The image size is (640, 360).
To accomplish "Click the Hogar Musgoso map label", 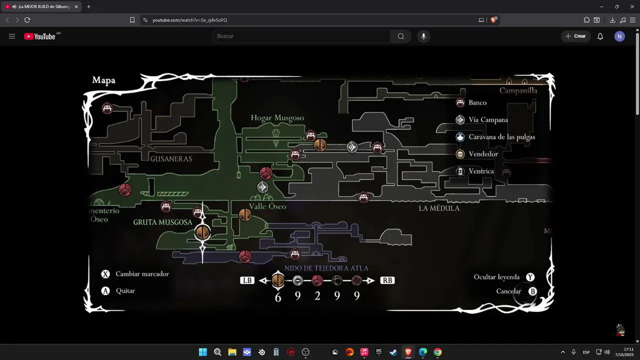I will click(x=277, y=118).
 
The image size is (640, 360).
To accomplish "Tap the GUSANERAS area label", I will click(x=171, y=158).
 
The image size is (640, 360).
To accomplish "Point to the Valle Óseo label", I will click(x=267, y=206).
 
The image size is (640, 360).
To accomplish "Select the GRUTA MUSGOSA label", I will click(x=162, y=222).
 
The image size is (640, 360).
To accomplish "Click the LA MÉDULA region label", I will click(x=439, y=208).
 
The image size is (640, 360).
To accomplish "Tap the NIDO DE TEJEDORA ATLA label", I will click(x=326, y=268).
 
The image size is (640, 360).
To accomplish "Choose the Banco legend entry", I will click(x=477, y=102).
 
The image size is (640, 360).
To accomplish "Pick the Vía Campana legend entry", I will click(x=488, y=120).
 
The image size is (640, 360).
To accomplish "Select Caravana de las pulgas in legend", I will click(x=501, y=137).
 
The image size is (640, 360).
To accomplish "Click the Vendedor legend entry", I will click(x=483, y=154).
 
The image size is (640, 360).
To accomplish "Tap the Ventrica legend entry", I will click(x=481, y=171).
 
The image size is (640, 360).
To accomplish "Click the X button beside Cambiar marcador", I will click(x=105, y=274).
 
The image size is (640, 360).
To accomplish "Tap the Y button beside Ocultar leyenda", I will click(x=530, y=277).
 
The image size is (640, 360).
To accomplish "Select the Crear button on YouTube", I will click(x=575, y=36).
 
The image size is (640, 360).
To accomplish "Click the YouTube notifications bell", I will click(x=600, y=36).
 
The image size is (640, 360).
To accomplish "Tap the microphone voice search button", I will click(x=423, y=36).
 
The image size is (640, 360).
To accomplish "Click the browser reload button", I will click(x=27, y=20).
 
